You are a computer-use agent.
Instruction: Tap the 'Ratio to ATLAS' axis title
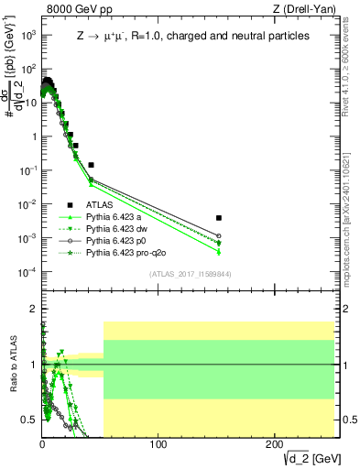coord(12,365)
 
